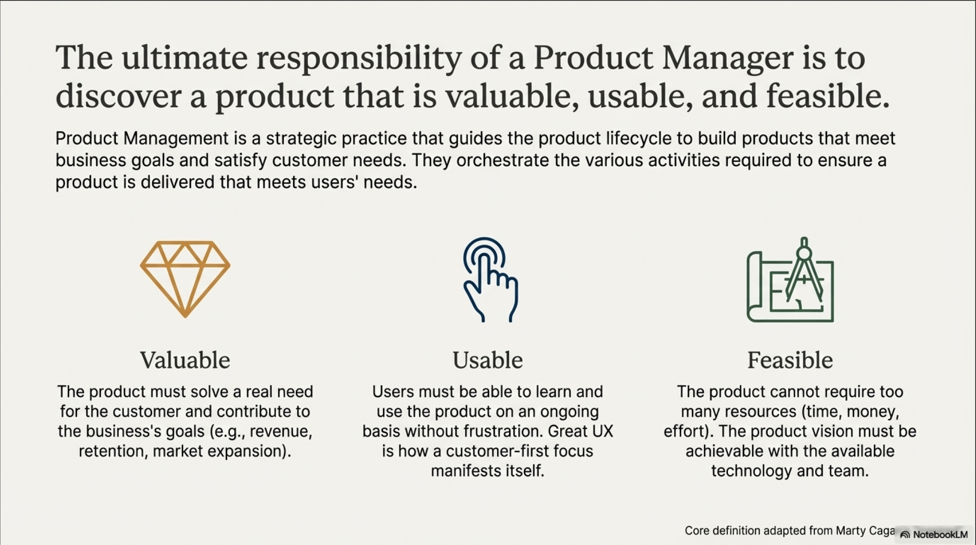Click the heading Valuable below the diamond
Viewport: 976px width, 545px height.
coord(185,360)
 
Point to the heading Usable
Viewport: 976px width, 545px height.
coord(488,360)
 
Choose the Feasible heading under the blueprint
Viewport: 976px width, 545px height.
coord(790,360)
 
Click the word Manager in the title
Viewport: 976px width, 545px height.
coord(727,58)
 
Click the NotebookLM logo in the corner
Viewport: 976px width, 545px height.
coord(934,535)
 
